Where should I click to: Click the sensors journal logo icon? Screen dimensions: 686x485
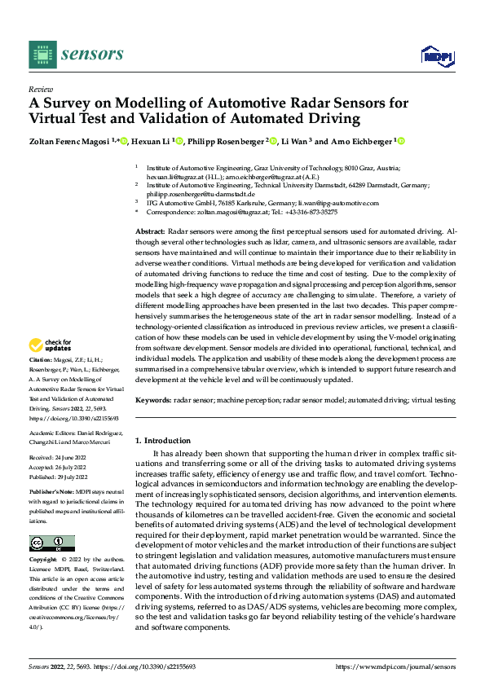coord(42,55)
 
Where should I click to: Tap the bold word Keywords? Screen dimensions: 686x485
coord(152,400)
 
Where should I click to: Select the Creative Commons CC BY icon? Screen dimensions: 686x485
coord(51,543)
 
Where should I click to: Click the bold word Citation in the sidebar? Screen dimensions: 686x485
coord(42,381)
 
